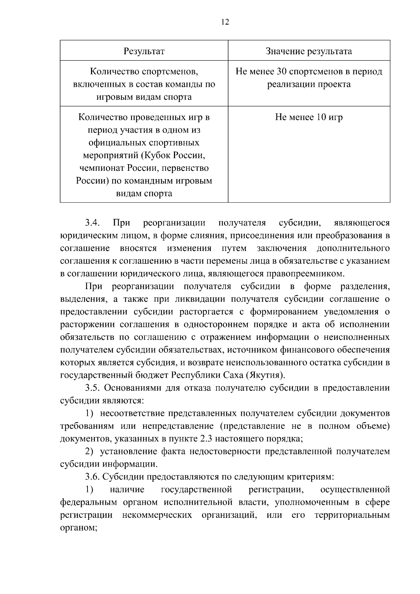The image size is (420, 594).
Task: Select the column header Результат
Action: tap(144, 51)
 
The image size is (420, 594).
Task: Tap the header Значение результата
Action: tap(309, 51)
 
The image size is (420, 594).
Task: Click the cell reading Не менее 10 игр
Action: tap(309, 117)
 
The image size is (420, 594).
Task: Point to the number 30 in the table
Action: tap(282, 72)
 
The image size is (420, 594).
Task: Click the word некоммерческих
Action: tap(157, 515)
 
